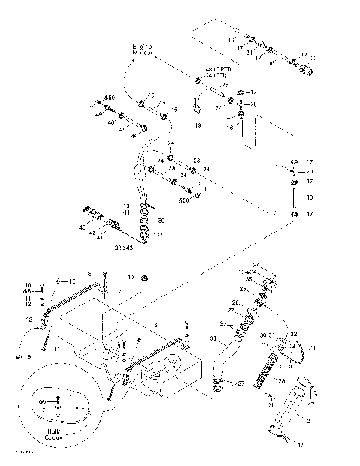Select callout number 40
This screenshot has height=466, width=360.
[130, 278]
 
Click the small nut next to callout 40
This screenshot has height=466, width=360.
[144, 278]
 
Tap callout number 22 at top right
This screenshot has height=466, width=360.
[314, 58]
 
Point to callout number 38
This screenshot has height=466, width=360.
[213, 339]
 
